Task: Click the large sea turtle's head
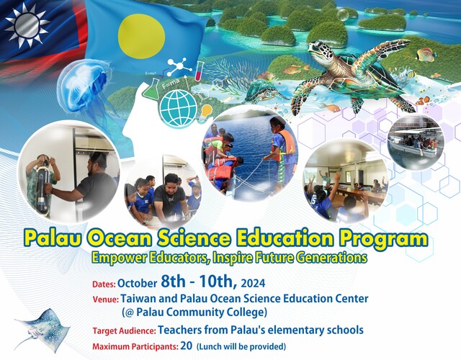[x=318, y=53]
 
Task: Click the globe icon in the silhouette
[x=176, y=107]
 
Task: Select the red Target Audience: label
[x=124, y=331]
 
